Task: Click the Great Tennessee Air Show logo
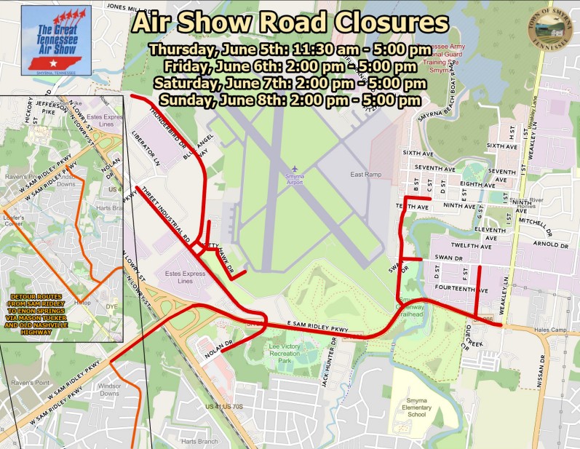coord(55,39)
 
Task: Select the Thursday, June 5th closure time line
coord(289,51)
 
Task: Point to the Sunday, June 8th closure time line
coord(289,100)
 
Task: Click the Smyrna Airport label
coord(294,182)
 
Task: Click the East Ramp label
coord(365,175)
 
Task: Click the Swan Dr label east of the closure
coord(448,258)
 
